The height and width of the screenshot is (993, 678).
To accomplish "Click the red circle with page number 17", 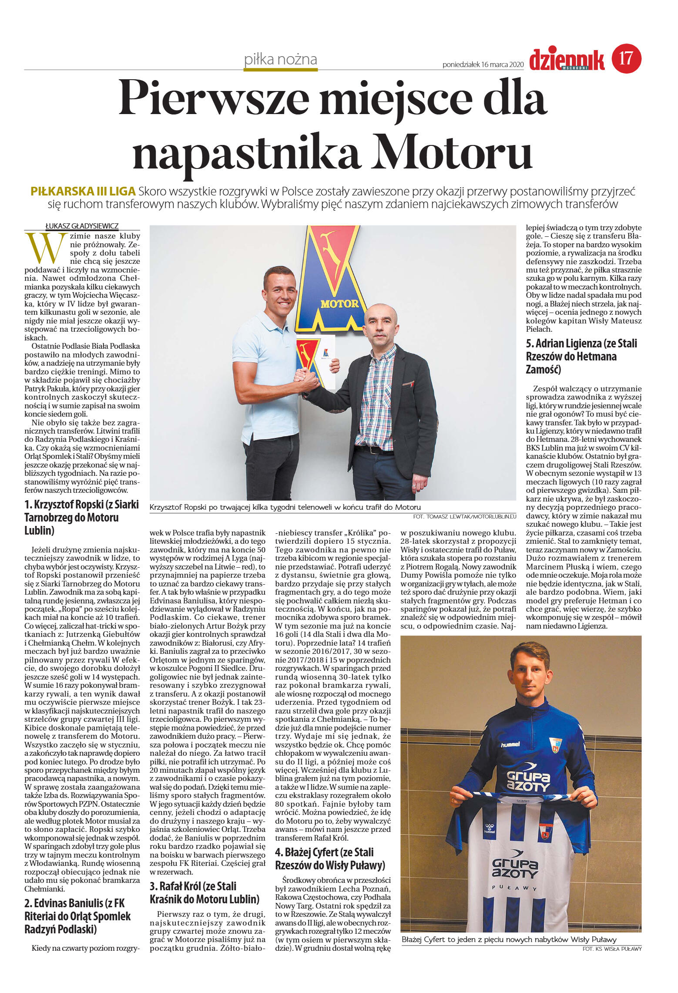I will (626, 58).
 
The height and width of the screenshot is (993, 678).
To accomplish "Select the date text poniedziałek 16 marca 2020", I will (483, 65).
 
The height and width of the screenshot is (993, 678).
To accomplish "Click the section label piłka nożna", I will (281, 60).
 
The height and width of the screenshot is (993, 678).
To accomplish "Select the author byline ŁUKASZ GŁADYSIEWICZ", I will (82, 226).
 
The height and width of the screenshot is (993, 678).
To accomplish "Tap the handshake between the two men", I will (306, 380).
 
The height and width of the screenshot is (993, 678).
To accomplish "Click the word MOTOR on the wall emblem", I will (339, 303).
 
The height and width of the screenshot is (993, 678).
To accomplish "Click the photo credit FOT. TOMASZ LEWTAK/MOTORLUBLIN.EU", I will (465, 516).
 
